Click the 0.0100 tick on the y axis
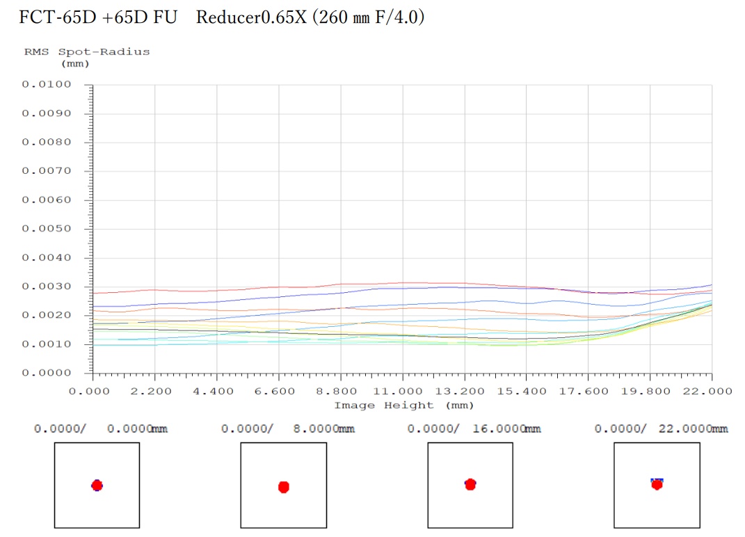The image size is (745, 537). click(47, 85)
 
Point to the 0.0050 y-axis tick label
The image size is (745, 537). click(47, 229)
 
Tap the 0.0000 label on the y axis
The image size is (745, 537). click(47, 374)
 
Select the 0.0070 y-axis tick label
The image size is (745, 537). click(47, 171)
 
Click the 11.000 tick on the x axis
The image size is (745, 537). click(402, 391)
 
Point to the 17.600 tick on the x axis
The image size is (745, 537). click(588, 391)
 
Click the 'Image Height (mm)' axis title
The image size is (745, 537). click(403, 405)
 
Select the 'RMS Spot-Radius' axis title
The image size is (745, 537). click(87, 51)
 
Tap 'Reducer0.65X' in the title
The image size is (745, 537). click(250, 17)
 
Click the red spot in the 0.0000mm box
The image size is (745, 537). click(97, 485)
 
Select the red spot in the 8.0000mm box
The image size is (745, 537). click(283, 487)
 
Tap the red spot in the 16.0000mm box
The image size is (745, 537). click(470, 483)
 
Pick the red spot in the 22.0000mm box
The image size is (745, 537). click(657, 484)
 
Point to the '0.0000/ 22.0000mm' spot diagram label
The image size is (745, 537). click(661, 428)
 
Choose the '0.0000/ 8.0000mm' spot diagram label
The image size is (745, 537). click(288, 428)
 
